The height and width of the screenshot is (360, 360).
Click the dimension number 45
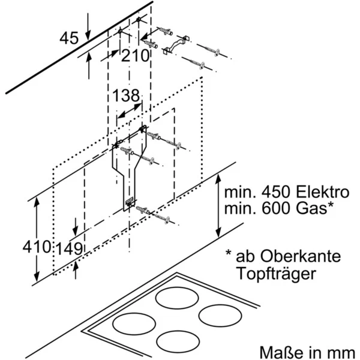click(70, 38)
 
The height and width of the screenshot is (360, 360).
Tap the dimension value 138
click(126, 95)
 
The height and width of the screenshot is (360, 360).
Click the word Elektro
click(320, 193)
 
